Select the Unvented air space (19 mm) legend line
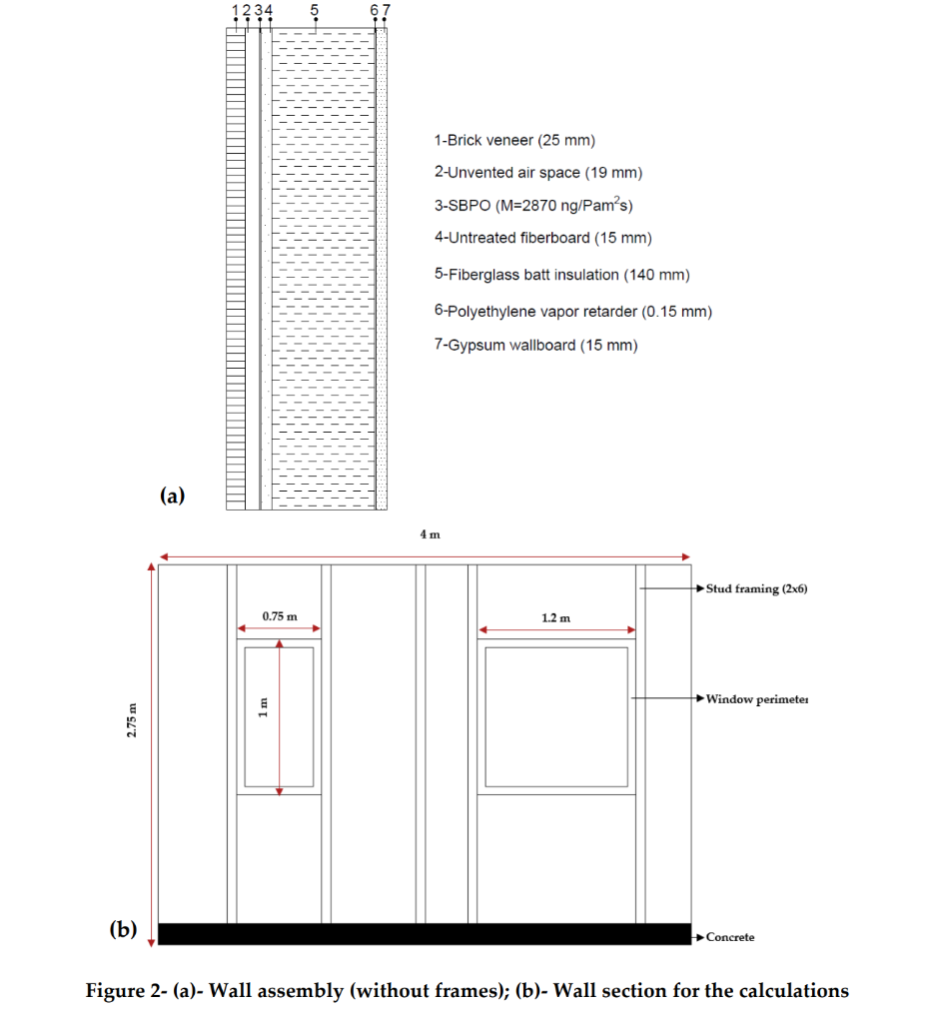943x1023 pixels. point(537,173)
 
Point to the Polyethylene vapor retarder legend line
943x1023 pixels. point(572,312)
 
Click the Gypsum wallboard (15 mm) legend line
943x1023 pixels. point(535,346)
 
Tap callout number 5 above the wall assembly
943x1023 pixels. point(315,11)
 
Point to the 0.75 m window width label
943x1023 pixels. point(280,616)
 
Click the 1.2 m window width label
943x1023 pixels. point(555,618)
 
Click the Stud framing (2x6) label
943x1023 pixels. point(756,589)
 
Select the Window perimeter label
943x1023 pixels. point(756,698)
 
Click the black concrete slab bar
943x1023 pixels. point(425,934)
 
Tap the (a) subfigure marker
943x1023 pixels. point(173,495)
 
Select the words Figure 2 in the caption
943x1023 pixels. point(125,991)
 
